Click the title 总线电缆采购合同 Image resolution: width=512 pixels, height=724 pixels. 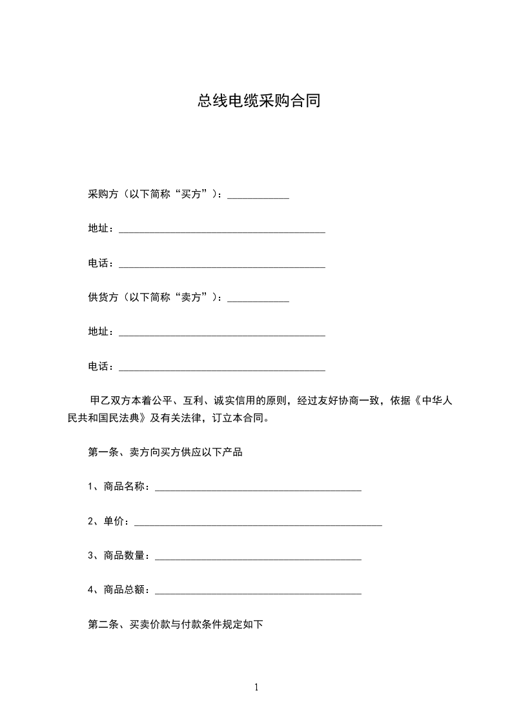pyautogui.click(x=259, y=101)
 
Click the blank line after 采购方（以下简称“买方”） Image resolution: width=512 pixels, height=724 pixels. pyautogui.click(x=258, y=196)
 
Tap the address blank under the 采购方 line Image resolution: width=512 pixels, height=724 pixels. pyautogui.click(x=222, y=230)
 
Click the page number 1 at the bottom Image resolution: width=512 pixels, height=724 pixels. pyautogui.click(x=256, y=687)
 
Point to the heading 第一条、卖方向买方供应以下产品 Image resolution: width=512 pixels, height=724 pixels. pyautogui.click(x=165, y=452)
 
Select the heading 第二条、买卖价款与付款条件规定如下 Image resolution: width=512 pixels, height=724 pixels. pyautogui.click(x=175, y=624)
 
